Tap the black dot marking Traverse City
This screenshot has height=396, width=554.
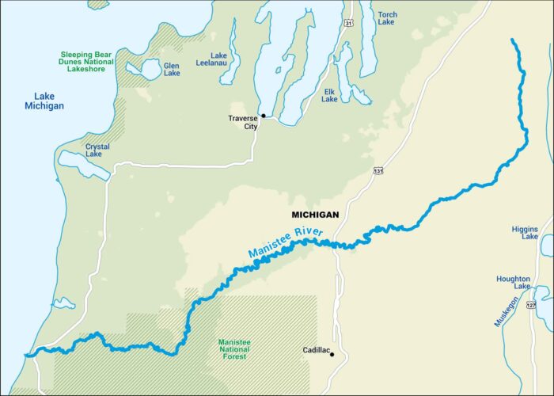pyautogui.click(x=263, y=116)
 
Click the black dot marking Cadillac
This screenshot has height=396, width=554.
pyautogui.click(x=332, y=354)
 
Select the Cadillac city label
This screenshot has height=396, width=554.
pyautogui.click(x=316, y=349)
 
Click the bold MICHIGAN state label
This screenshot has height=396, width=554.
pyautogui.click(x=315, y=215)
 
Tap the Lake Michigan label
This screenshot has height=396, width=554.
pyautogui.click(x=44, y=101)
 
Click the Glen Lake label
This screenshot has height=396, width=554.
pyautogui.click(x=171, y=69)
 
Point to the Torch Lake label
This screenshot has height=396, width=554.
pyautogui.click(x=388, y=19)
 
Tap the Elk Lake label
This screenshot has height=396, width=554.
pyautogui.click(x=329, y=95)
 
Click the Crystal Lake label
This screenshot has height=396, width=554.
pyautogui.click(x=98, y=150)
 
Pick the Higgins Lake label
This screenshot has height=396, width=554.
pyautogui.click(x=525, y=233)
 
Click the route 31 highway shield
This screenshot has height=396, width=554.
pyautogui.click(x=348, y=25)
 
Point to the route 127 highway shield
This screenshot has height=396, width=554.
pyautogui.click(x=532, y=305)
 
